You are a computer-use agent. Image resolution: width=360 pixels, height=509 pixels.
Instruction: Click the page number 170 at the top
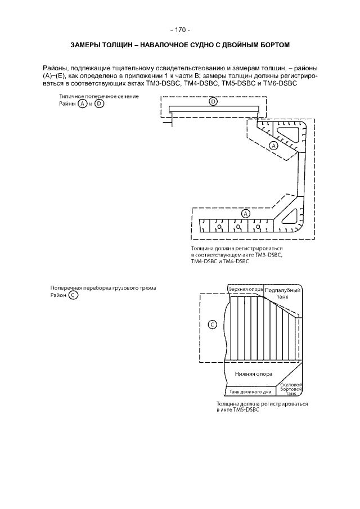tap(180, 30)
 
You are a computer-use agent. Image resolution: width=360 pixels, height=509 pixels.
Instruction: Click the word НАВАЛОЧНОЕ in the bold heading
tap(164, 45)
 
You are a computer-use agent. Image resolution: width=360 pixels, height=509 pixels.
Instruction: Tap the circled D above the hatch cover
tap(213, 102)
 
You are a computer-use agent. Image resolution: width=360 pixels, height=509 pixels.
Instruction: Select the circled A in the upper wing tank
tap(274, 146)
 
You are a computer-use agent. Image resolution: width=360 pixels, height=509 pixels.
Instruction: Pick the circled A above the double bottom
tap(246, 213)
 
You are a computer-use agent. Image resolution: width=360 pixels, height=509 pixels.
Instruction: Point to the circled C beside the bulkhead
tap(212, 325)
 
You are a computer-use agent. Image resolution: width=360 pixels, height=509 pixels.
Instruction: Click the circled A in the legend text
tap(83, 104)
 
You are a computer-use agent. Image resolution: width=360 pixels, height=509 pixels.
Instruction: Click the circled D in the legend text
tap(100, 104)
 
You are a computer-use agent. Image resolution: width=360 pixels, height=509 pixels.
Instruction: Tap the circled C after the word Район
tap(73, 295)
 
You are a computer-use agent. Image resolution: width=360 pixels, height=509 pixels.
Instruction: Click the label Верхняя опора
tap(246, 289)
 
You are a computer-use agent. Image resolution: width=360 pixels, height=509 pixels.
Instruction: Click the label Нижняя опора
tap(254, 374)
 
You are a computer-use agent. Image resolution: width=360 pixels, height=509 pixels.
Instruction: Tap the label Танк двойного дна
tap(250, 392)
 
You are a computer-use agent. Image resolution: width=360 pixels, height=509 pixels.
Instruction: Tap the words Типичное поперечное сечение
tap(99, 96)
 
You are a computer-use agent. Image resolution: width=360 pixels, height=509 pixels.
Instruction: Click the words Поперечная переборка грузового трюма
tap(103, 288)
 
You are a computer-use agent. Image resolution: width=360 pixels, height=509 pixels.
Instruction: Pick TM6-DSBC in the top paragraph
tap(282, 83)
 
